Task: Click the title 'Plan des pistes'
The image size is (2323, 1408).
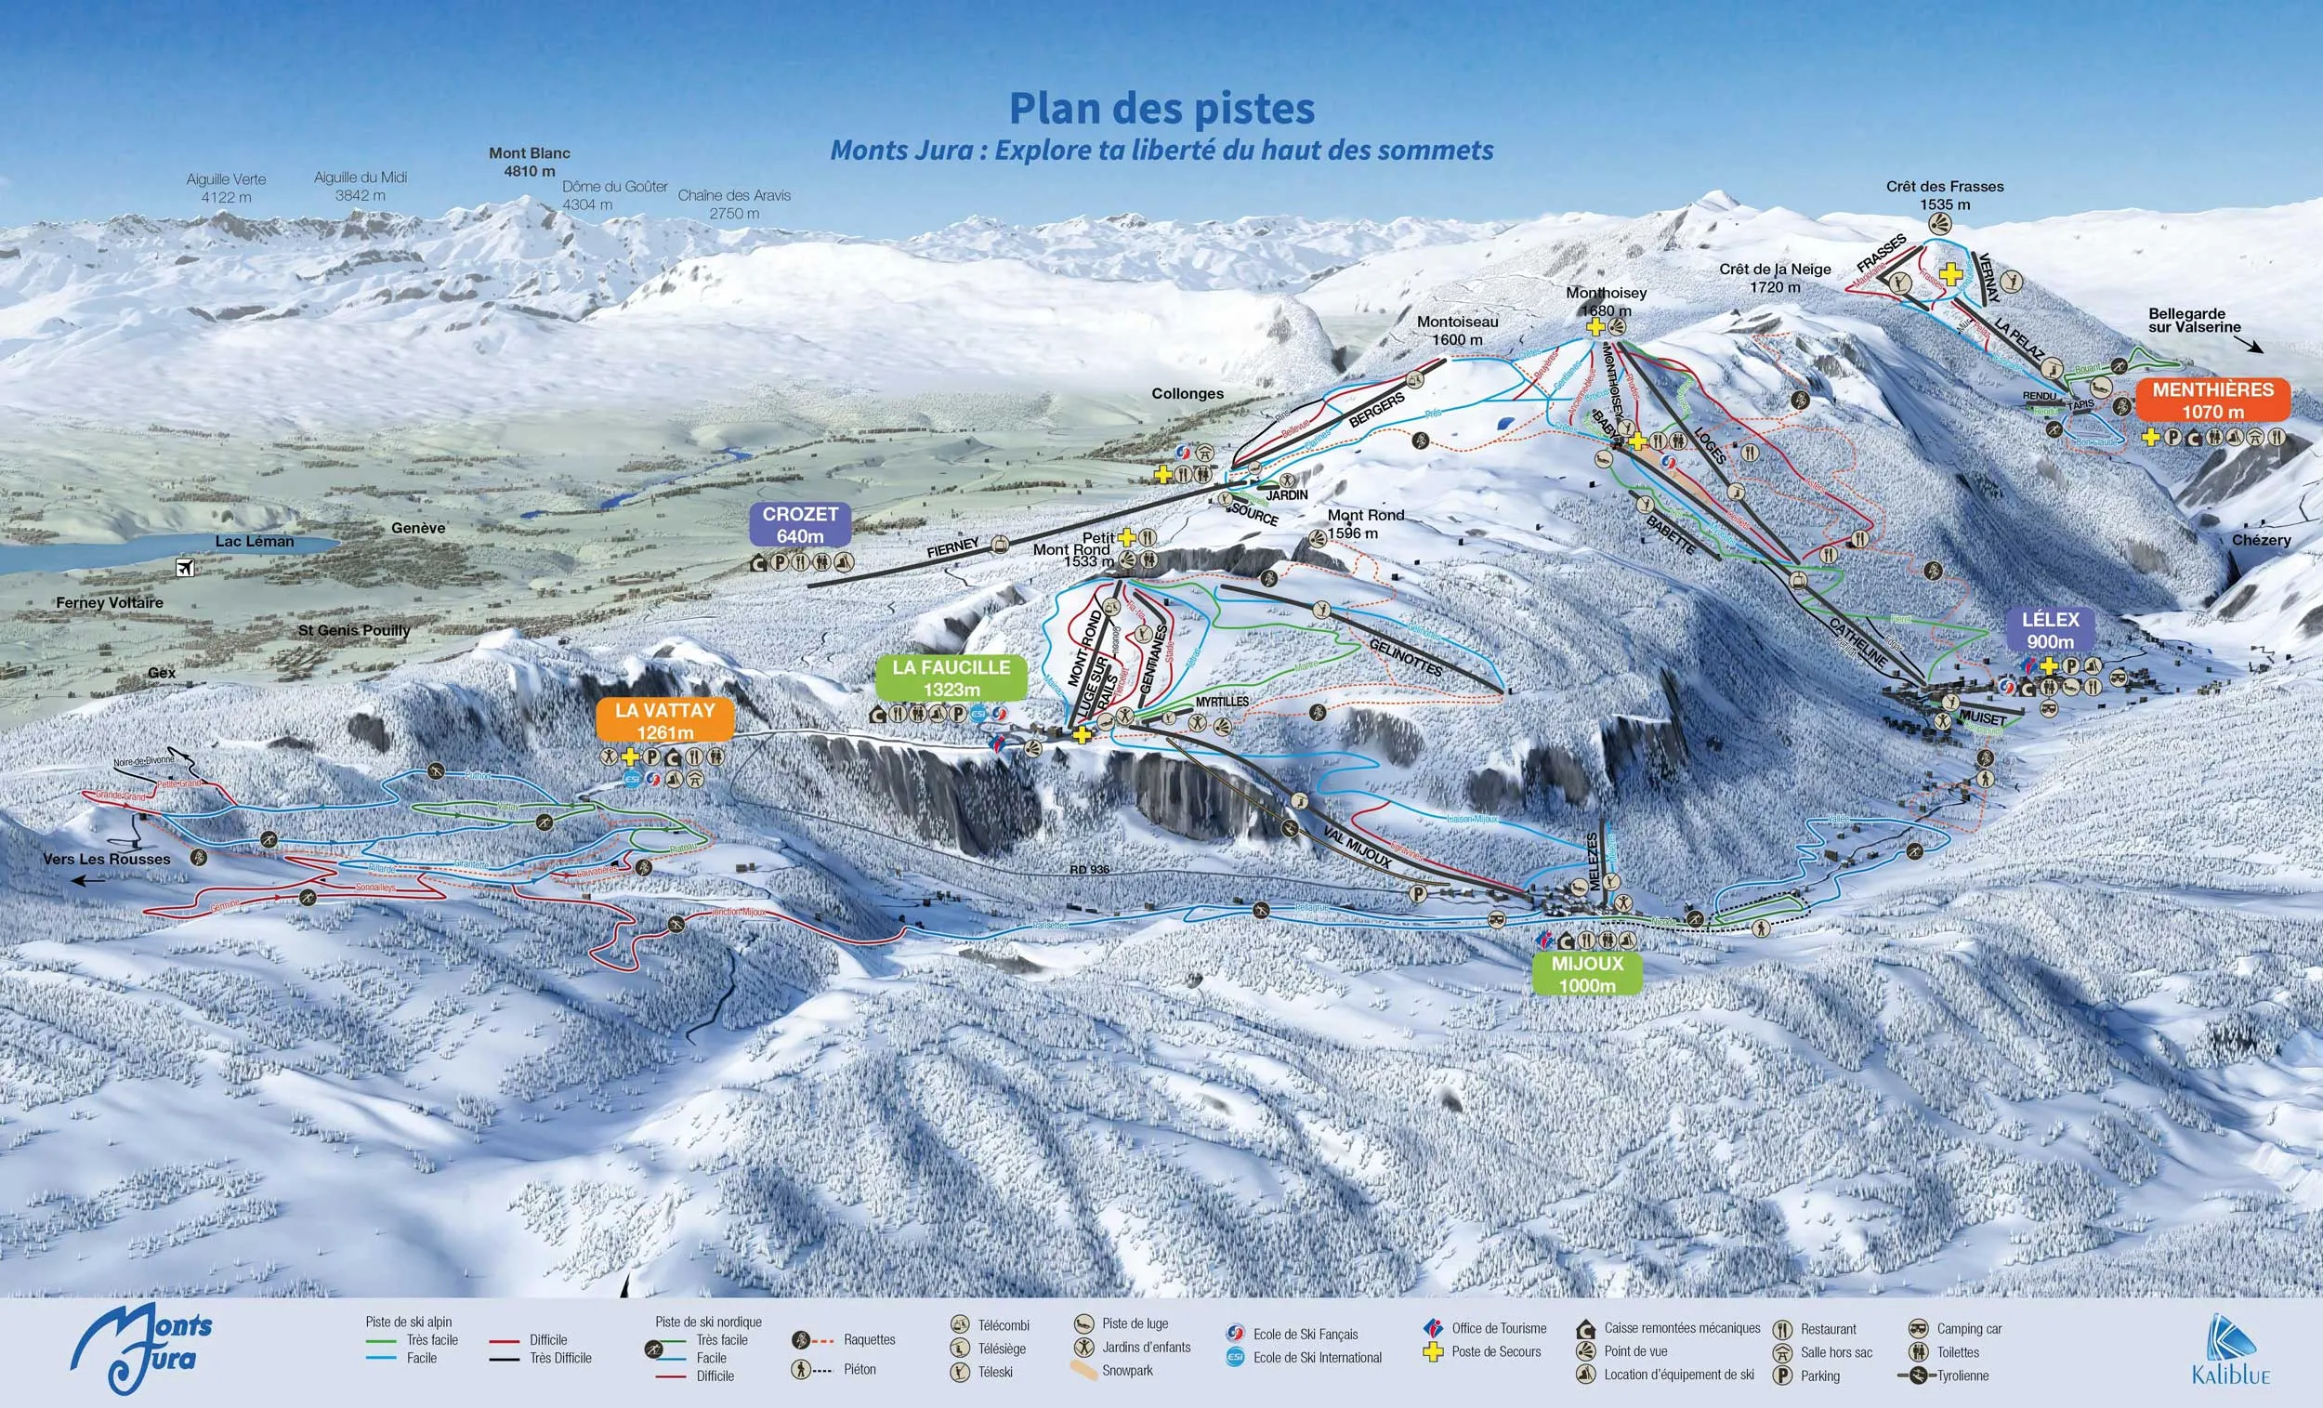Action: click(1161, 109)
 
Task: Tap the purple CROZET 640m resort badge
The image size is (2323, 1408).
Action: click(799, 525)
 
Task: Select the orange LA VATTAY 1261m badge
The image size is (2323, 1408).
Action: click(664, 720)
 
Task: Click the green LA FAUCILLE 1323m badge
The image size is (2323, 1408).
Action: click(951, 678)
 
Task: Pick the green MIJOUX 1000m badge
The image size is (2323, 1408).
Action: click(1587, 974)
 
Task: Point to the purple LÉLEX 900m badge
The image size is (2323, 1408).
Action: click(2050, 630)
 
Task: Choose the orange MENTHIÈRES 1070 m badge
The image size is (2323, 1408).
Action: click(2211, 400)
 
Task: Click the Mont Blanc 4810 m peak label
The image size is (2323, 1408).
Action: click(529, 162)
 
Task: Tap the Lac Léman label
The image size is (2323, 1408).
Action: click(255, 541)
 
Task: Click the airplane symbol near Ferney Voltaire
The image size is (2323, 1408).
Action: click(185, 568)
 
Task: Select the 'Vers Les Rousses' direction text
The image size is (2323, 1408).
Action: click(107, 859)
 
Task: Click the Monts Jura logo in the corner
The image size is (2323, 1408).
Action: click(141, 1349)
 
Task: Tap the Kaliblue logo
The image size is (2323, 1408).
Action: click(2232, 1350)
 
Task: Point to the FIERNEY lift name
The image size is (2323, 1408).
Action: click(953, 548)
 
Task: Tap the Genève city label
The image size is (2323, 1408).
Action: click(417, 528)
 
